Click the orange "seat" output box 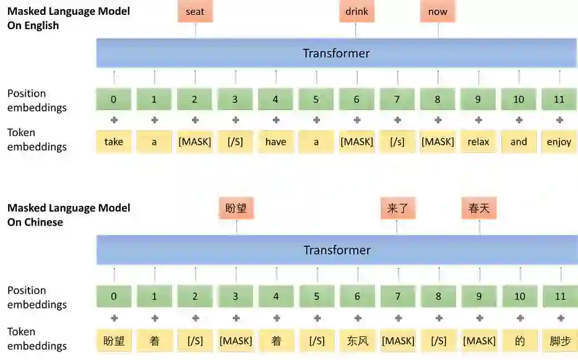195,12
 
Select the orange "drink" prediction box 356,12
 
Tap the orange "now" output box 438,12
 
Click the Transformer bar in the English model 336,53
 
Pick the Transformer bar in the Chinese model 336,250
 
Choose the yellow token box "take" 114,142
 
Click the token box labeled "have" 275,142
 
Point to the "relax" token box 478,142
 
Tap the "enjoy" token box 559,142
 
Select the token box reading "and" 519,142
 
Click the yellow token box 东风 357,341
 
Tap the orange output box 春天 479,208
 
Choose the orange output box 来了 397,208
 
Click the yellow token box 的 519,341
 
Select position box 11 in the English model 559,100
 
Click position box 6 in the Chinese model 357,296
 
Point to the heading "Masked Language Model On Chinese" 69,215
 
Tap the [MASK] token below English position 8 438,142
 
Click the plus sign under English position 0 114,120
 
